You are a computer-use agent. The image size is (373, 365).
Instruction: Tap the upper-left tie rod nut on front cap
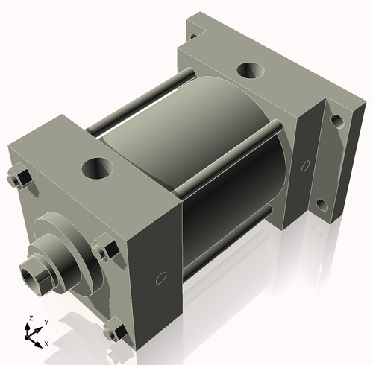click(22, 179)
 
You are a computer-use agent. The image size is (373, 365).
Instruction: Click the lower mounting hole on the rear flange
click(322, 203)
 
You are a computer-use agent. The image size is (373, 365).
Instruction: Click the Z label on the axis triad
click(31, 318)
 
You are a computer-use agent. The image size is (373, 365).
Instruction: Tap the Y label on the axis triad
click(46, 321)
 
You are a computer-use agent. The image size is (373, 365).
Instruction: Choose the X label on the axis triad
click(46, 343)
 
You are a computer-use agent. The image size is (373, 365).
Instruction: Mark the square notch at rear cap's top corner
click(195, 31)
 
